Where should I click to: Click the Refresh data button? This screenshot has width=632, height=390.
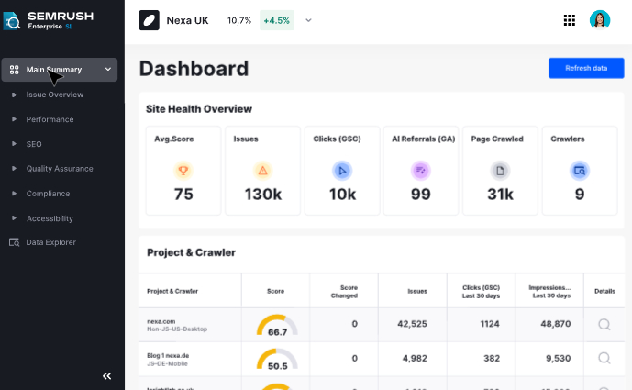(x=585, y=68)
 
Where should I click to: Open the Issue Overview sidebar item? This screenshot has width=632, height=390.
(x=54, y=95)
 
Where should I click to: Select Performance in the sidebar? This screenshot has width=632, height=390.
(x=50, y=119)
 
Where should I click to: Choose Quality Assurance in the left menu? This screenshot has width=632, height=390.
(x=59, y=169)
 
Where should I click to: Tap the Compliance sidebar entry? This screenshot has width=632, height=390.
(x=48, y=194)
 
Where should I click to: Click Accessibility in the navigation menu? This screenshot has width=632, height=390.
(x=50, y=218)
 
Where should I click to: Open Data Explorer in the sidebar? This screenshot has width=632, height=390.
(x=50, y=242)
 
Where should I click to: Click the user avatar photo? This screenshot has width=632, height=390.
(x=600, y=20)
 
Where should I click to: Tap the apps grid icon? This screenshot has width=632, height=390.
(x=569, y=20)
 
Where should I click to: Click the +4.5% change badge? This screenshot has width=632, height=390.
(x=277, y=20)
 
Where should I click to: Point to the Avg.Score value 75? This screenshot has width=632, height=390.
(x=183, y=194)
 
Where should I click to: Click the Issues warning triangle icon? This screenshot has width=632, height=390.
(x=263, y=170)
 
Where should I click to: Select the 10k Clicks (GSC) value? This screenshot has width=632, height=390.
(x=342, y=194)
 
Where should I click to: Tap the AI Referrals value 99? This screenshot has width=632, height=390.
(x=420, y=194)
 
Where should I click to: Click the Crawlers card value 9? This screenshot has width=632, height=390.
(x=579, y=194)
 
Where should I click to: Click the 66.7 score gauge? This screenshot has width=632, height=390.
(x=277, y=326)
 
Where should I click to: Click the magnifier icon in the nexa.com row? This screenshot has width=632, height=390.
(x=604, y=324)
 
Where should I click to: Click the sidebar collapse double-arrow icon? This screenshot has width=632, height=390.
(x=106, y=375)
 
